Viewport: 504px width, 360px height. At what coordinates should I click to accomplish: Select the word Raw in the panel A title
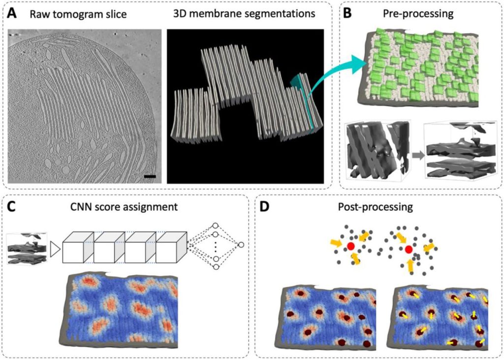click(x=38, y=14)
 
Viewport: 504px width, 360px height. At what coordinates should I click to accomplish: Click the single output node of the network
click(x=241, y=245)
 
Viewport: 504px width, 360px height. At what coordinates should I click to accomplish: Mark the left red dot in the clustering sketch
click(x=350, y=246)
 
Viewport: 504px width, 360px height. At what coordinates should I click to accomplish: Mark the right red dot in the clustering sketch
click(x=409, y=250)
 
